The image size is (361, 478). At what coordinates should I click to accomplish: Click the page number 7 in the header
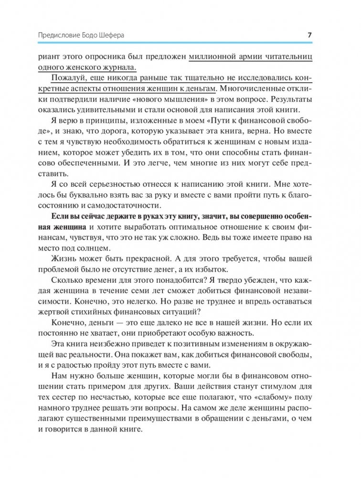point(309,35)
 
